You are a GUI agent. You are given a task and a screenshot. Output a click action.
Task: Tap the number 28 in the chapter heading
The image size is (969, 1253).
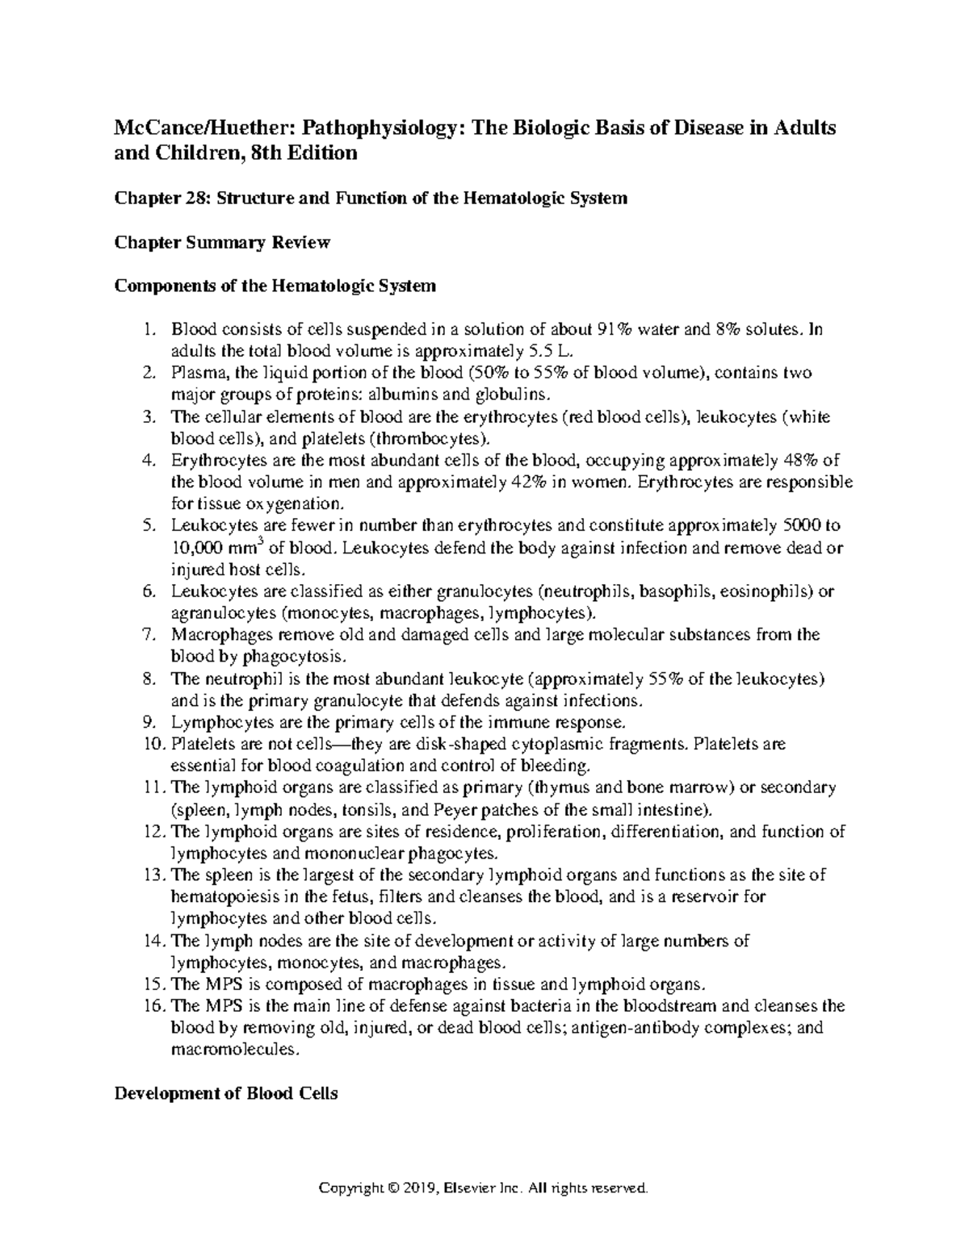193,198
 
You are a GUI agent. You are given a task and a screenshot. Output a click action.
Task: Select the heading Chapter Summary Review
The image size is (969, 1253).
222,242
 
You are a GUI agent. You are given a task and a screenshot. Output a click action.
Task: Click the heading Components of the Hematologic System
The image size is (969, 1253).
275,286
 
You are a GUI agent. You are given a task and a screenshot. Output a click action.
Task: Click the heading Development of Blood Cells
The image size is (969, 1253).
226,1094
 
